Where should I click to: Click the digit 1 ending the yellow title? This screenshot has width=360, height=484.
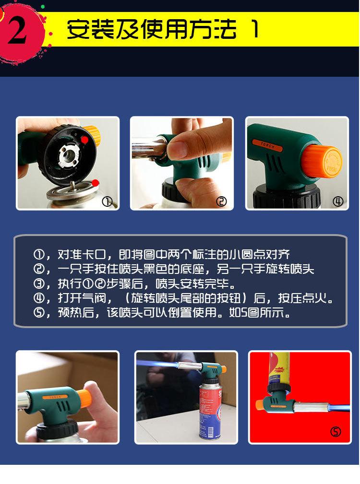coord(255,29)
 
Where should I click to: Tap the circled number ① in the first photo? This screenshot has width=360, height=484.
coord(107,202)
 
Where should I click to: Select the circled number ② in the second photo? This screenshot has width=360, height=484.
coord(221,201)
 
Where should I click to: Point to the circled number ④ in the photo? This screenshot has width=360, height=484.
coord(338,201)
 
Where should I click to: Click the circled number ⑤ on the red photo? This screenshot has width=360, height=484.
coord(336,431)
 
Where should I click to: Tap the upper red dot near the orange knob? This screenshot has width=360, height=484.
coord(84,140)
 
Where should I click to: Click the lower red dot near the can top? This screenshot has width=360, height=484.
coord(96,183)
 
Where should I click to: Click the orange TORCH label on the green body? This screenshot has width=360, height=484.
coord(267,145)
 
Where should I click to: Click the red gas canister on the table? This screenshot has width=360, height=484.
coord(210,411)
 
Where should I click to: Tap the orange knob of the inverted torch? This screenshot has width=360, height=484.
coord(261,404)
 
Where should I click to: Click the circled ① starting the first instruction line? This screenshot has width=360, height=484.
coord(39,255)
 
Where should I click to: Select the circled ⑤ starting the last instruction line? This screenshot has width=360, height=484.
coord(39,313)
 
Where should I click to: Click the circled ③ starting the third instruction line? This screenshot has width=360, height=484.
coord(39,283)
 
